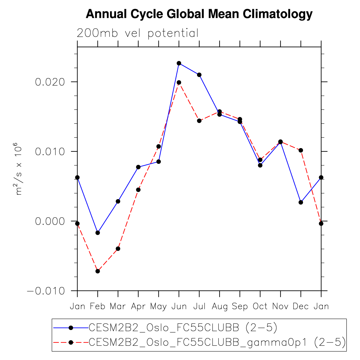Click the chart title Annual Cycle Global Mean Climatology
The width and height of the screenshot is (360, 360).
[199, 14]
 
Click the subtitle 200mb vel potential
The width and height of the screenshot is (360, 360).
[137, 33]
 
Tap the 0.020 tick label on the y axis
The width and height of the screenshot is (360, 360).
[50, 82]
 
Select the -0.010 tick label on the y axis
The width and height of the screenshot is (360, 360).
[46, 291]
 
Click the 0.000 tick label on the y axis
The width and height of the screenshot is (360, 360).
[50, 221]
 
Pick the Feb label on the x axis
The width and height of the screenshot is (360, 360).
[98, 306]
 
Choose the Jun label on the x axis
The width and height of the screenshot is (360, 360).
[179, 306]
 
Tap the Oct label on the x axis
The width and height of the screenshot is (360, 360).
[260, 306]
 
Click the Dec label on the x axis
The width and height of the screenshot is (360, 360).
[301, 306]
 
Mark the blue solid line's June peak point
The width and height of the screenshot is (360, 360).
[179, 63]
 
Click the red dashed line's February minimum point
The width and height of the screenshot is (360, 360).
[98, 271]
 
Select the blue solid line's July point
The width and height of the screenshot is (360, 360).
[199, 75]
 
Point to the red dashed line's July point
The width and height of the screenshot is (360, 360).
[199, 121]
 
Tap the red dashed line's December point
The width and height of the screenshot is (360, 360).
[301, 150]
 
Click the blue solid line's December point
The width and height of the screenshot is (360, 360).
[301, 202]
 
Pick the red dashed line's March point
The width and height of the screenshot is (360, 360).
[118, 248]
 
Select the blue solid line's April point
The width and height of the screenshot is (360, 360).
[138, 167]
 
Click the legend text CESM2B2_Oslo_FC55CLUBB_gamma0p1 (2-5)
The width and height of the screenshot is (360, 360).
[217, 342]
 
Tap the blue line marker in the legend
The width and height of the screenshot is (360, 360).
[71, 328]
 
